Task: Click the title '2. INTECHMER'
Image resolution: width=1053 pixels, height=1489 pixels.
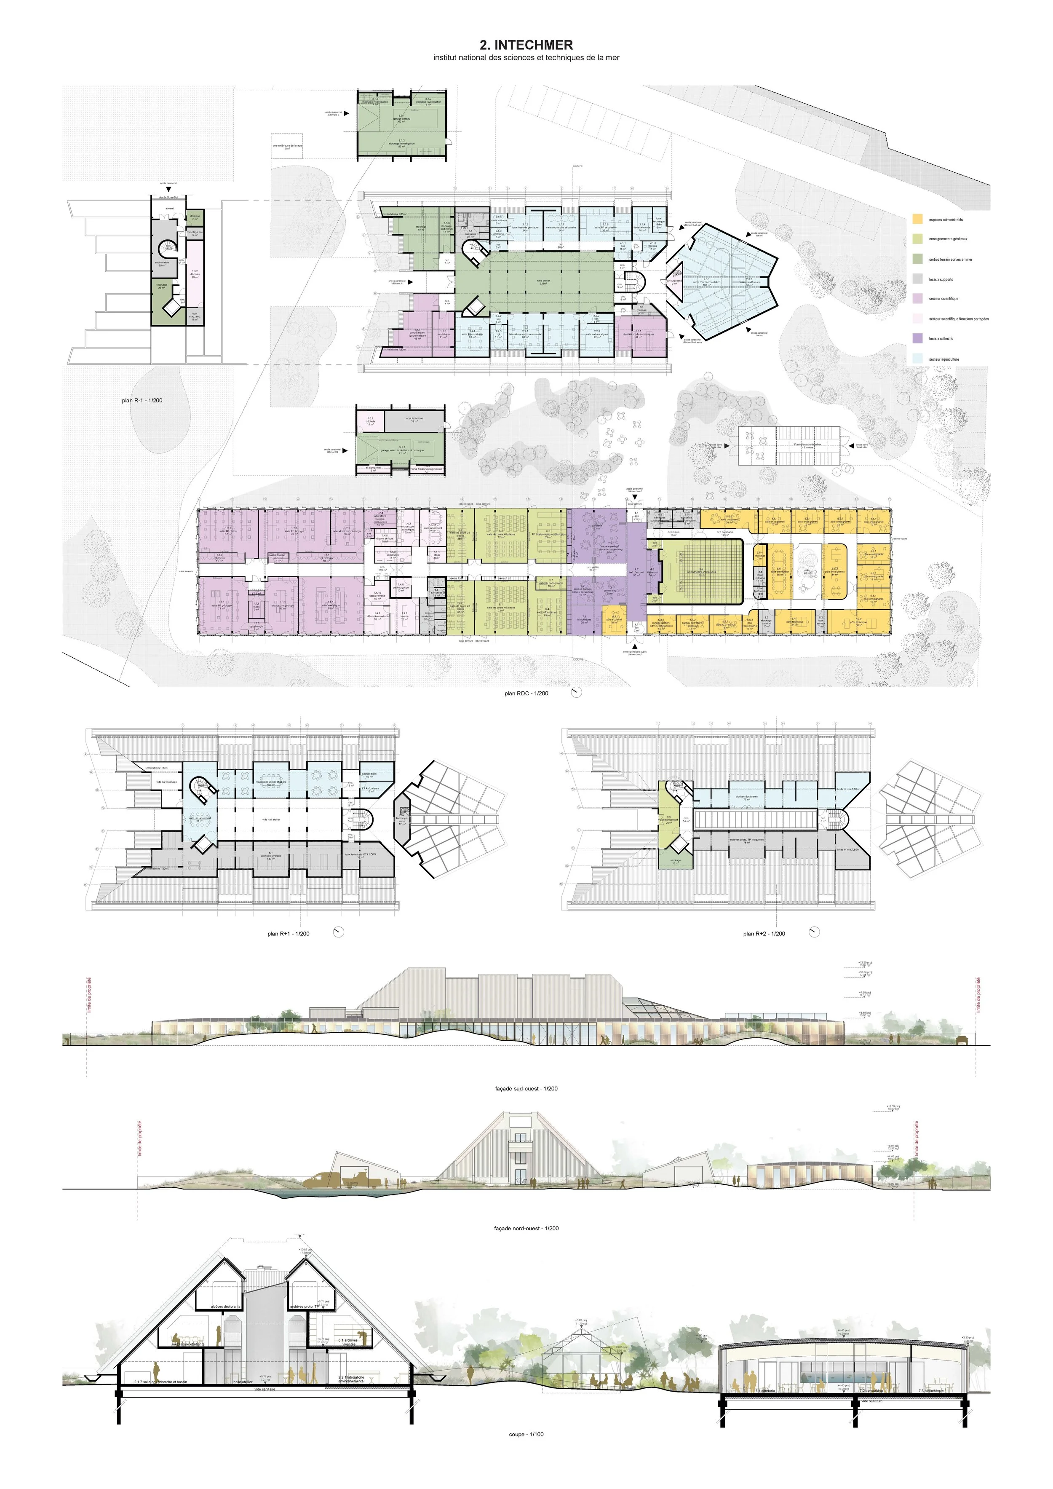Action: pyautogui.click(x=526, y=45)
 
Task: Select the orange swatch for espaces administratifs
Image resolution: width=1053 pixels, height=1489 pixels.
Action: pyautogui.click(x=917, y=219)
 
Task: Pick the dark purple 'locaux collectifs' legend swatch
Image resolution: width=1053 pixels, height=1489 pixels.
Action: pyautogui.click(x=917, y=338)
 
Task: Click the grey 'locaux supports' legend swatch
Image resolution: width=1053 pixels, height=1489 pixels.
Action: pyautogui.click(x=917, y=279)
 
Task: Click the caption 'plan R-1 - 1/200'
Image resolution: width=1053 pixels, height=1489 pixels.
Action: pyautogui.click(x=142, y=400)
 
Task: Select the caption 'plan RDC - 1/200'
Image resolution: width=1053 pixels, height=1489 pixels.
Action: pyautogui.click(x=526, y=693)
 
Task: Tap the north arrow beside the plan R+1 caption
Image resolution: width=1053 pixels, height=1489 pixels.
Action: pyautogui.click(x=337, y=932)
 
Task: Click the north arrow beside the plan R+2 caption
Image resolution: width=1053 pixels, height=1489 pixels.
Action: pyautogui.click(x=814, y=932)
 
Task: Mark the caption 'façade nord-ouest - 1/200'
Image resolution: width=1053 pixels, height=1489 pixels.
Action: pyautogui.click(x=526, y=1228)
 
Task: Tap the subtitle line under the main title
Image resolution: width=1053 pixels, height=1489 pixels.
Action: pyautogui.click(x=526, y=58)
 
